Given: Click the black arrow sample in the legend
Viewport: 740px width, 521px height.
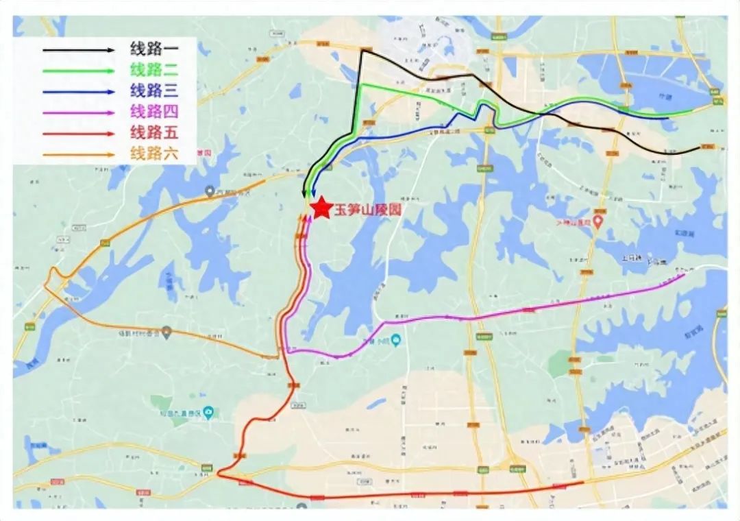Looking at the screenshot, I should point(78,50).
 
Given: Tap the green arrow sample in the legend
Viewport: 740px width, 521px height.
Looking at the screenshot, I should point(78,71).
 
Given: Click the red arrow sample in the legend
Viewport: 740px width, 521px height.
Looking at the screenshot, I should point(78,134).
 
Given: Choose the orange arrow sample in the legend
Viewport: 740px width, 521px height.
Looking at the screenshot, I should point(78,155).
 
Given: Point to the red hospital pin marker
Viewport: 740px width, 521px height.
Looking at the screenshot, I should point(597,222).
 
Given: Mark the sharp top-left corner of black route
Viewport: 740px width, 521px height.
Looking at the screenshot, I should point(361,51).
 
